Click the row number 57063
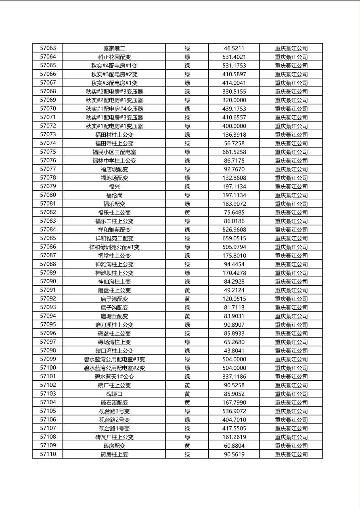coord(48,48)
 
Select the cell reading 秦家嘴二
coord(114,48)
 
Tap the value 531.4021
coord(234,57)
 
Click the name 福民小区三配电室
coord(114,152)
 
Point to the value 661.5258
coord(234,152)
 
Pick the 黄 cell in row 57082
coord(187,213)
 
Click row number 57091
coord(48,290)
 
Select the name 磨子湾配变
coord(114,299)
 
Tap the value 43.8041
coord(234,350)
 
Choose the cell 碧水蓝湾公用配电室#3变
coord(114,359)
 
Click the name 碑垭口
coord(114,394)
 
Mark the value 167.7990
coord(234,403)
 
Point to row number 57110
coord(48,454)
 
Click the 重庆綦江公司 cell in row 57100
coord(291,368)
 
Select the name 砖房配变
coord(114,446)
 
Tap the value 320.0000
coord(234,100)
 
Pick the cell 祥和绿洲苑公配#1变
coord(114,247)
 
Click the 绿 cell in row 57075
coord(187,152)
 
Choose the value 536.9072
coord(234,411)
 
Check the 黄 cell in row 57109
coord(187,446)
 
